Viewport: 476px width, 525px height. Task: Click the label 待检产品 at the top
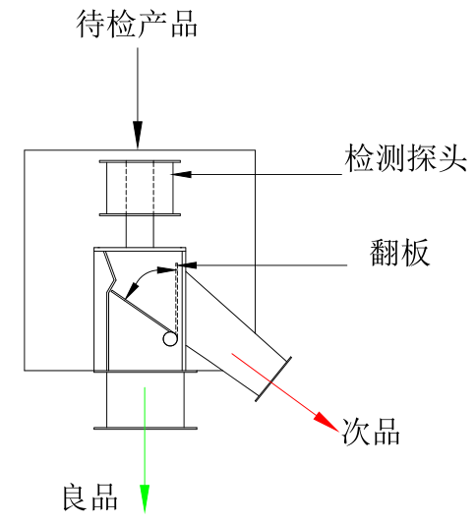point(138,24)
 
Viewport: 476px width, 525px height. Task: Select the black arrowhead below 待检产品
point(138,134)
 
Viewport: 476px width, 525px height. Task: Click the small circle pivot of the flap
point(170,340)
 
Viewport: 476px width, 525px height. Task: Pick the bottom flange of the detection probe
point(138,213)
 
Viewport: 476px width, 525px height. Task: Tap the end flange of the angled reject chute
point(273,379)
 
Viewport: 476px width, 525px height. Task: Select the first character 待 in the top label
point(92,24)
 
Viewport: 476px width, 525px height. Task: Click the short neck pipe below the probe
point(138,230)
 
